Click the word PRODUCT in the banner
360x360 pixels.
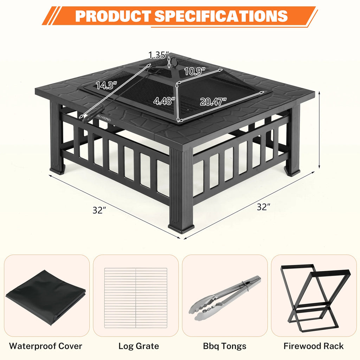(x=112, y=16)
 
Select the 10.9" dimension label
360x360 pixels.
(x=194, y=72)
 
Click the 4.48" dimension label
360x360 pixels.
(x=164, y=101)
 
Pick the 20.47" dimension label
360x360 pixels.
(x=213, y=102)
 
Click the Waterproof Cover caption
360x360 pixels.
(x=46, y=346)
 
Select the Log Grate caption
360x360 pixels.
(x=139, y=346)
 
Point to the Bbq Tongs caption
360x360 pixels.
(x=225, y=346)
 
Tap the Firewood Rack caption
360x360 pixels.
(x=314, y=346)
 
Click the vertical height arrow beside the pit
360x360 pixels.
(x=319, y=129)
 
